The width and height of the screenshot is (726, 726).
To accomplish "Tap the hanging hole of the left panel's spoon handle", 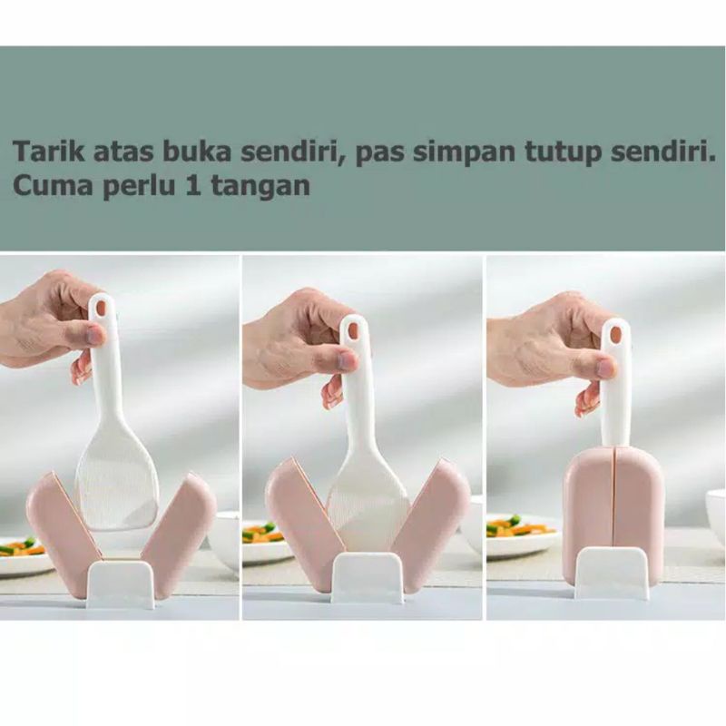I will (101, 308).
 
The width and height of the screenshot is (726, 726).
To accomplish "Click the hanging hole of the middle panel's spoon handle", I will (352, 330).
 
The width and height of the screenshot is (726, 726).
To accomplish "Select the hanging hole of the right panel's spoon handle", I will (616, 334).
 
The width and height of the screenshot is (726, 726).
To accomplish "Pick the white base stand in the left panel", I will (121, 584).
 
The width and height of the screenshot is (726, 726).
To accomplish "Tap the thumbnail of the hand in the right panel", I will (606, 367).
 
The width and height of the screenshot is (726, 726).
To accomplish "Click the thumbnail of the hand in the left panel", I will (94, 335).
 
